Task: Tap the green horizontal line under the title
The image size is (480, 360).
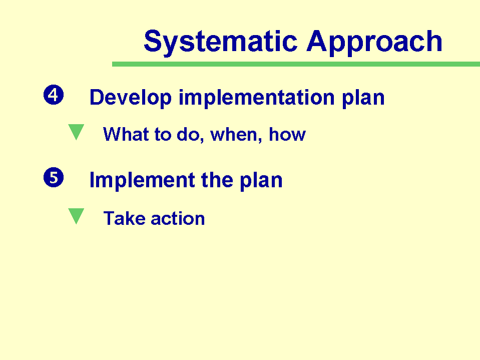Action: pyautogui.click(x=296, y=64)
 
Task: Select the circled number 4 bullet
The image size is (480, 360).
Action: pyautogui.click(x=54, y=95)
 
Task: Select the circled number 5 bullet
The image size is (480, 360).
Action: pyautogui.click(x=54, y=177)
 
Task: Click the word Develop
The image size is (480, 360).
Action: pyautogui.click(x=131, y=98)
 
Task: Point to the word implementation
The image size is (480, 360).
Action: pyautogui.click(x=256, y=98)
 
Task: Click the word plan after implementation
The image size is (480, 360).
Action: pyautogui.click(x=363, y=99)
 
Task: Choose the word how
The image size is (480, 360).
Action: pyautogui.click(x=287, y=134)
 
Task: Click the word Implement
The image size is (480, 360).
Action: pyautogui.click(x=142, y=181)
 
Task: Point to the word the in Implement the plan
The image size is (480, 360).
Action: pyautogui.click(x=217, y=180)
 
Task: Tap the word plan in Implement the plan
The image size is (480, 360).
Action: pyautogui.click(x=261, y=181)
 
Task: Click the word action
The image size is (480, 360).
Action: pyautogui.click(x=178, y=219)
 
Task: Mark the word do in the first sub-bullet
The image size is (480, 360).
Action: pyautogui.click(x=190, y=135)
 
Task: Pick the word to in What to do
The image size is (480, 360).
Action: pyautogui.click(x=163, y=135)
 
